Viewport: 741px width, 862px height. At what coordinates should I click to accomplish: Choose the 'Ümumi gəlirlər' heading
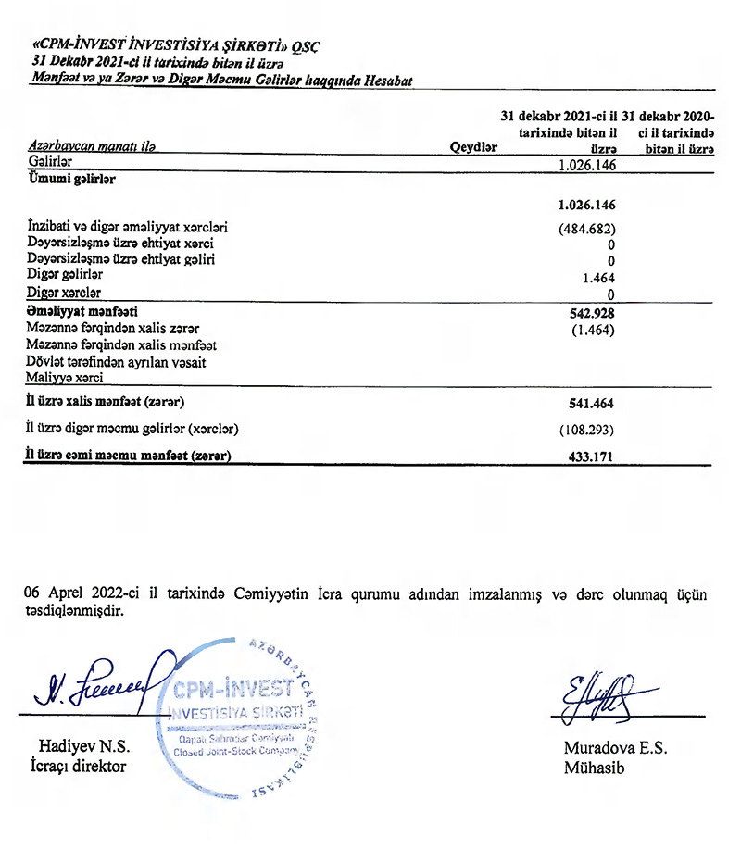72,180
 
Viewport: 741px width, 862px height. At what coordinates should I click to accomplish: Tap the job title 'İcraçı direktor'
78,766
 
